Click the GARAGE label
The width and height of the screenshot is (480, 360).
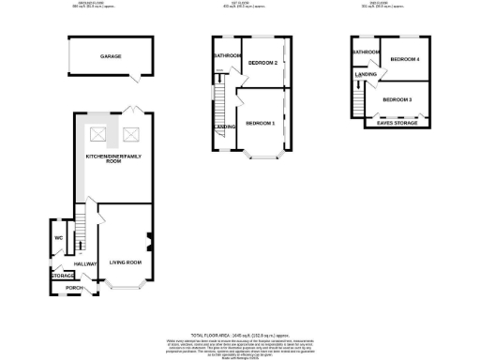coord(111,57)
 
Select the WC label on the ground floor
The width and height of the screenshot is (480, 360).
coord(58,237)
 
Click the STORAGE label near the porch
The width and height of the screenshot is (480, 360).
coord(63,276)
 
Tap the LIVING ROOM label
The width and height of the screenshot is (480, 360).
coord(124,261)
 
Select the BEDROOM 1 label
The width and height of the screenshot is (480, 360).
coord(260,123)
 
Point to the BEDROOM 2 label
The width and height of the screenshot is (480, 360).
coord(262,63)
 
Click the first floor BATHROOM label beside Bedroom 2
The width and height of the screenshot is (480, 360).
coord(227,56)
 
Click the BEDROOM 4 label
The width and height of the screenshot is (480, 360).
coord(405,59)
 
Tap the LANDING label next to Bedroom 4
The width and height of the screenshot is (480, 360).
coord(366,73)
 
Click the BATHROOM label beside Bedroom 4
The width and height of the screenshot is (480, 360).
coord(366,52)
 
